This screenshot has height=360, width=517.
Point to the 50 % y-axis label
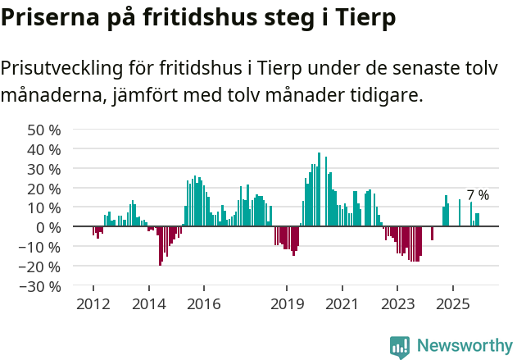pos(44,130)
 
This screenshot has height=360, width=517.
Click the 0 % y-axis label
pos(49,227)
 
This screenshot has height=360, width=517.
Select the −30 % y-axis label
pos(41,286)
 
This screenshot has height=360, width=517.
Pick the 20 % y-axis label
pos(44,188)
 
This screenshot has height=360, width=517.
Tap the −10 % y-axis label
pos(41,247)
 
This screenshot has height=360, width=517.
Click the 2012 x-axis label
pos(93,304)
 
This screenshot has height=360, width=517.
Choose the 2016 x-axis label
pos(203,304)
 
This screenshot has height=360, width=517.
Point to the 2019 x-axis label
pos(287,304)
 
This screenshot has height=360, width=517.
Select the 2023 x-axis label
pos(397,304)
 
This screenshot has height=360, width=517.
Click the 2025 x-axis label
pos(453,304)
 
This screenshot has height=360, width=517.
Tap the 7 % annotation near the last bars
pos(478,195)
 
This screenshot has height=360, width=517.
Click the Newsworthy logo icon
pos(400,347)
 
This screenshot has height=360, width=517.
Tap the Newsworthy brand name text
pos(464,346)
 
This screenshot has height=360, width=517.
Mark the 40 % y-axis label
pos(44,149)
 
